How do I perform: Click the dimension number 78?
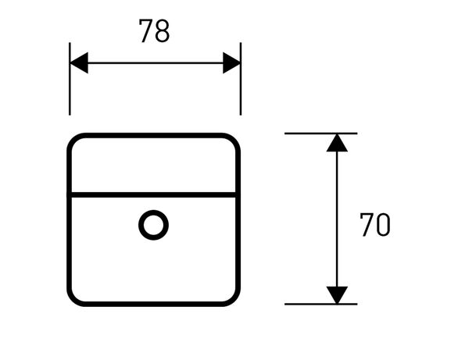[154, 30]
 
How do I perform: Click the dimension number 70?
[374, 224]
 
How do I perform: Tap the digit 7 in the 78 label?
[145, 30]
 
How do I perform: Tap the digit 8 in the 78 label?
[163, 30]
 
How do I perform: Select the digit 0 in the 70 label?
[384, 224]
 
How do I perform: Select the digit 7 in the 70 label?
[367, 224]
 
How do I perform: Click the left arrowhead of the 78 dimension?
[79, 62]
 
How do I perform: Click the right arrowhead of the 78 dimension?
[231, 62]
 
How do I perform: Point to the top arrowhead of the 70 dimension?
[337, 143]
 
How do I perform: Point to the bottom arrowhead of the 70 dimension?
[337, 295]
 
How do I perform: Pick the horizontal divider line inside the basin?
[154, 194]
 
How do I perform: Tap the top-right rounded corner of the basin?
[234, 140]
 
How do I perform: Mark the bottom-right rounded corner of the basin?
[234, 300]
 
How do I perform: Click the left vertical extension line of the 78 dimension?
[70, 79]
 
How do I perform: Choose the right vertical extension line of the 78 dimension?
[241, 79]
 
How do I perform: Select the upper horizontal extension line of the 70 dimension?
[320, 134]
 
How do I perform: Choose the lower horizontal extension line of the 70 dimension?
[320, 304]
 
